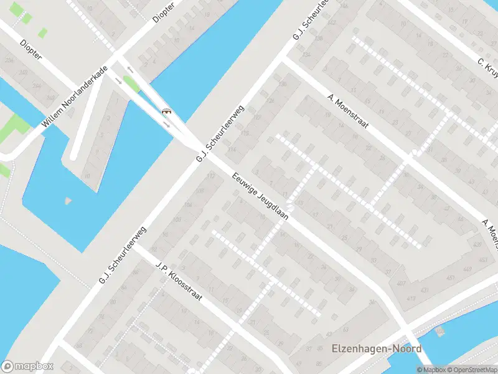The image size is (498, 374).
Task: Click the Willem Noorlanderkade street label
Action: pos(75,97)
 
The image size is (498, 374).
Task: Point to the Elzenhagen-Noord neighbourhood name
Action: pos(377,349)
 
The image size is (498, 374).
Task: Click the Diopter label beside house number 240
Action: pos(31,50)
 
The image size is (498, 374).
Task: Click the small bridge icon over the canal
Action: pos(166,111)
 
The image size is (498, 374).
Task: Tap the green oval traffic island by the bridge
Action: pos(131,83)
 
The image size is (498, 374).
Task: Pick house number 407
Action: pos(400,284)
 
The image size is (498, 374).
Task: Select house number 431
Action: pos(425,290)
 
